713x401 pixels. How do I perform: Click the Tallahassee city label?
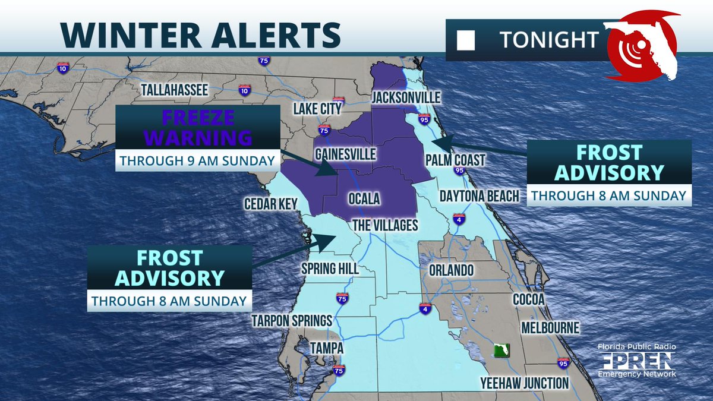click(173, 90)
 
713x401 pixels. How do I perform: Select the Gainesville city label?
click(346, 155)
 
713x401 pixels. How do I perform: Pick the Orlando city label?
click(451, 270)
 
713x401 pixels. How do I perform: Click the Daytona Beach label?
click(479, 196)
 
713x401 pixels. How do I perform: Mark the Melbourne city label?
click(550, 327)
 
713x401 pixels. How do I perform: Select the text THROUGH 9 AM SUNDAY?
click(197, 160)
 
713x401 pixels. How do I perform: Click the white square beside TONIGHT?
click(466, 40)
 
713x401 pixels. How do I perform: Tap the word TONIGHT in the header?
click(548, 40)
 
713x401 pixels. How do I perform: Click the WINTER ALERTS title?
click(201, 35)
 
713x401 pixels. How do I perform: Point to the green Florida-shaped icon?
click(503, 350)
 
